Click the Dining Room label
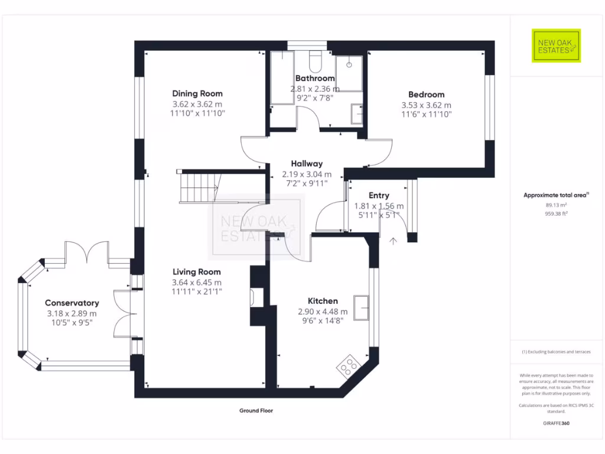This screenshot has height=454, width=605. coord(197,93)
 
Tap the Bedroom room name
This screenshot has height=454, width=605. coord(426,95)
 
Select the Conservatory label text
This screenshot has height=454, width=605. coord(71,303)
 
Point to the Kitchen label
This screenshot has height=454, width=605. coord(323,301)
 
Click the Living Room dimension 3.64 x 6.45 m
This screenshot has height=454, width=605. coord(196,282)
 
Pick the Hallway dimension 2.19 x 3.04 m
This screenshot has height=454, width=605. coord(307,174)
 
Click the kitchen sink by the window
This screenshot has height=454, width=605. coord(362,306)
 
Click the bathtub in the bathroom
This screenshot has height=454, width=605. coord(282,78)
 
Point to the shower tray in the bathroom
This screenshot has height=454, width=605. coord(349,74)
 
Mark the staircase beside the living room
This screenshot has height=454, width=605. coord(199,187)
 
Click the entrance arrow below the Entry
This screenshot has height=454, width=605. coord(393,240)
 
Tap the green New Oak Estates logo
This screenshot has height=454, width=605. coord(556,46)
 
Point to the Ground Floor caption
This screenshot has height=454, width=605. coord(256,410)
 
